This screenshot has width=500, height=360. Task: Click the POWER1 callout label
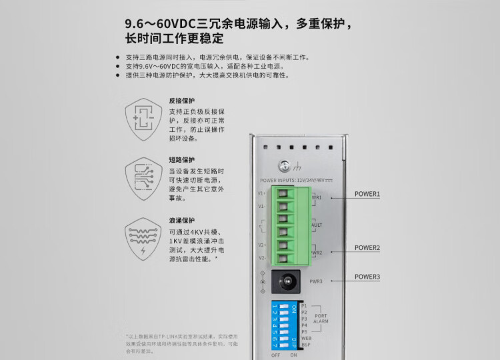pos(367,194)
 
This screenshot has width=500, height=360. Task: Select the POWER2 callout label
pos(367,247)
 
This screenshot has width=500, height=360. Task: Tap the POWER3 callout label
pos(367,277)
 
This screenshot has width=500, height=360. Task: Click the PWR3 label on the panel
pos(316,281)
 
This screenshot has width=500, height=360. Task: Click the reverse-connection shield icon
pos(143,120)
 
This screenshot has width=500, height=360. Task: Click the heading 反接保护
pos(182,101)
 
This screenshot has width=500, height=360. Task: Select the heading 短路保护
pos(182,160)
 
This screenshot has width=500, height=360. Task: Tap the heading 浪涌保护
pos(182,221)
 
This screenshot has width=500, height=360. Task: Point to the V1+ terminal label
pos(262,193)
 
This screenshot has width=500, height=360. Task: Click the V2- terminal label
pos(262,257)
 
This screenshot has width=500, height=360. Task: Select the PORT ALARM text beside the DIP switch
pos(321,319)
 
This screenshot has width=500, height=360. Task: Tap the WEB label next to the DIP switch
pos(306,339)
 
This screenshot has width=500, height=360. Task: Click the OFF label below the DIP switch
pos(276,355)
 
